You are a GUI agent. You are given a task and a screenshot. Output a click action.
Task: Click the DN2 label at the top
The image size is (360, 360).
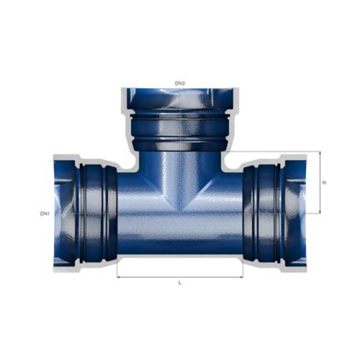coord(179,83)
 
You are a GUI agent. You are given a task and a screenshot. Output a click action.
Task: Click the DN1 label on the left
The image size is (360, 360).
coord(45,214)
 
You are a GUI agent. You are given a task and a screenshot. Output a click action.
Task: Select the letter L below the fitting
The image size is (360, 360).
coord(179,282)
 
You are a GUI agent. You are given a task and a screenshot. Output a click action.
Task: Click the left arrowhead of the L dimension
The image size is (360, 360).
coord(119,277)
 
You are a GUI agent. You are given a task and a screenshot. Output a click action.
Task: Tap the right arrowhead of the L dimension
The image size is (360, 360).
coord(241,277)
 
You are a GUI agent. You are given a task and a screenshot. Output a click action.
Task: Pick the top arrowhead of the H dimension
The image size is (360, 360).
coord(320,154)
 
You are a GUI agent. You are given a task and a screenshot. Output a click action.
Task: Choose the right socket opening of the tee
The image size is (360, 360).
coord(296,214)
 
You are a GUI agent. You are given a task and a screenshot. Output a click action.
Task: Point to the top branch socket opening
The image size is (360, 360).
coord(179,98)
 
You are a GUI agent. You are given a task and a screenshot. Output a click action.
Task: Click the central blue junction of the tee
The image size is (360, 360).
coord(179,202)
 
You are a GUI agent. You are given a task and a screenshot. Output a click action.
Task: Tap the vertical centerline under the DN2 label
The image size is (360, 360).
coord(179,112)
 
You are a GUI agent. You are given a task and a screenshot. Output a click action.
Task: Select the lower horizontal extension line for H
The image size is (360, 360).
coord(312,214)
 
